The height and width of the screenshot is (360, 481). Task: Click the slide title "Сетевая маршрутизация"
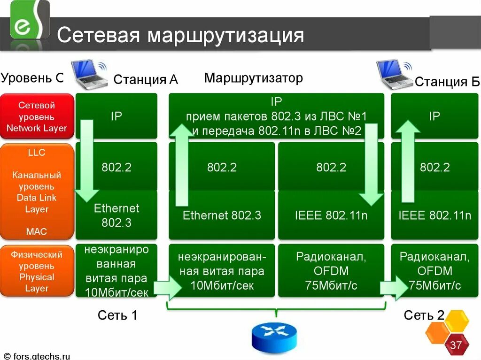coord(180,36)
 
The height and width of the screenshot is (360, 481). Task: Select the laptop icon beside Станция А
coord(90,74)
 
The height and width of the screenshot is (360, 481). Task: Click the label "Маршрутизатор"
coord(253,78)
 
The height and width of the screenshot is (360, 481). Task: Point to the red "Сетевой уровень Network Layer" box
coord(37,117)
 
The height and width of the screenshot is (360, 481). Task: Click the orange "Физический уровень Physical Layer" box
coord(37,271)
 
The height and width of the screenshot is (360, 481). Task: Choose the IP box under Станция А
coord(116,116)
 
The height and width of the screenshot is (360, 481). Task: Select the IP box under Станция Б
coord(434,116)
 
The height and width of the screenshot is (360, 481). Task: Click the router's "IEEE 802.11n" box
coord(331,215)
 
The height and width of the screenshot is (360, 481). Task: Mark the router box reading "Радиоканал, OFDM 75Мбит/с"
coord(331,271)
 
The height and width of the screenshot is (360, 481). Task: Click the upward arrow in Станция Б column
coord(407,160)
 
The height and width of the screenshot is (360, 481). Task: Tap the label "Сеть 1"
coord(117,315)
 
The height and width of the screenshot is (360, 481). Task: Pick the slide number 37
coord(456,346)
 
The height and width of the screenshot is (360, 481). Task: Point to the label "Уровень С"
coord(32,78)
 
